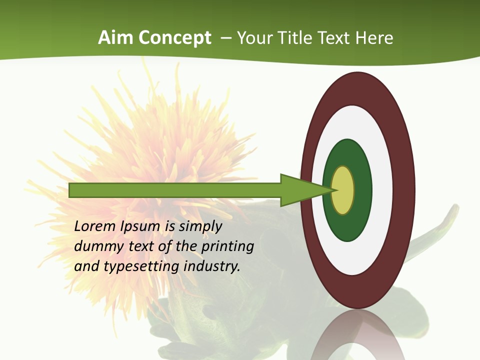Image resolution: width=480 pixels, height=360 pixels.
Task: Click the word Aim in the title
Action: (x=115, y=38)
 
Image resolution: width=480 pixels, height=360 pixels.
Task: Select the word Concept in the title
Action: (x=175, y=38)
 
